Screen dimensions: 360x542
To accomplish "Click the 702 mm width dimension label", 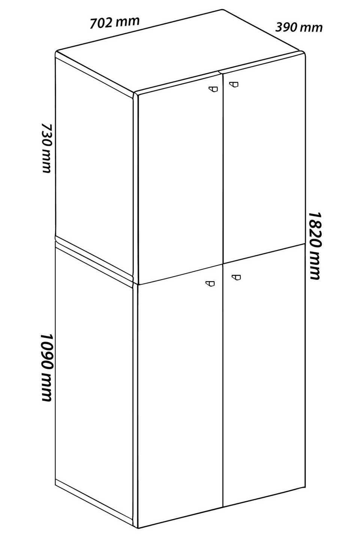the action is [114, 23].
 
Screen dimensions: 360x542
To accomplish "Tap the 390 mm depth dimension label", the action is [299, 27].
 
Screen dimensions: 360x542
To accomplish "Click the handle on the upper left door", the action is [213, 89].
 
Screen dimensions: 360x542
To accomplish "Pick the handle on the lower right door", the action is [236, 277].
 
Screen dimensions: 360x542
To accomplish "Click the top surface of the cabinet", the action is [180, 51].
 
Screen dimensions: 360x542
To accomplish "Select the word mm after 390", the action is [311, 28].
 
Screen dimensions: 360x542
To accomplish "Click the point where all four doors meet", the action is [223, 264].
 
